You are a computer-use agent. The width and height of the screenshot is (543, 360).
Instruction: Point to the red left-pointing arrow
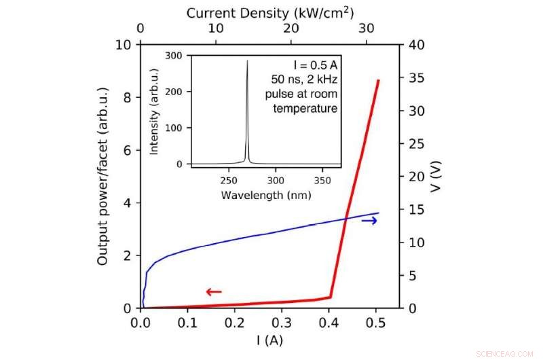[213, 292]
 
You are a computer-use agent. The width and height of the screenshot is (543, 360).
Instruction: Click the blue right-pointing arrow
[369, 221]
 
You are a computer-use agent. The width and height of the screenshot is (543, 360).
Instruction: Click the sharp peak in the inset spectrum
[247, 61]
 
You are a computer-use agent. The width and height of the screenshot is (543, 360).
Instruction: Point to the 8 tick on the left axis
[126, 97]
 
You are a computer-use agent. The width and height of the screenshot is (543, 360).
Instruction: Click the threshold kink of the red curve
[331, 296]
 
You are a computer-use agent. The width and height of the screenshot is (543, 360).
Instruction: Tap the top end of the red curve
[378, 80]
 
